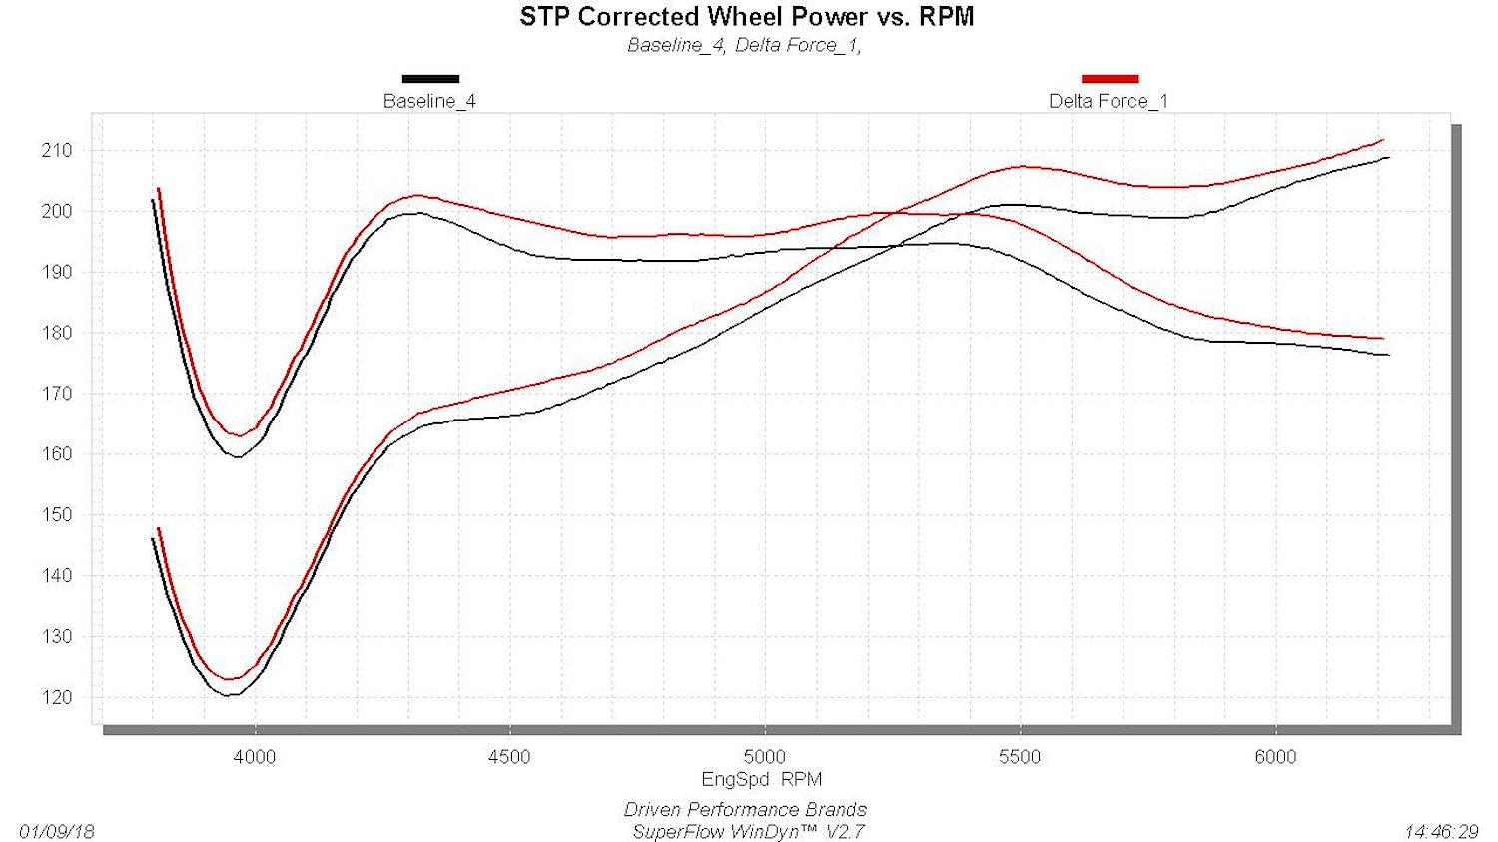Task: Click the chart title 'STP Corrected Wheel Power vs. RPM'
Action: [746, 17]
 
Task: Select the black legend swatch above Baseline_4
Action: [430, 79]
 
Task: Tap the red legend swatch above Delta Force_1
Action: [1111, 79]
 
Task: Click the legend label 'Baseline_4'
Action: [429, 101]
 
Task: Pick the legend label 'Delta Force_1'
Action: [1109, 101]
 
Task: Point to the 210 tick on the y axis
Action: [56, 151]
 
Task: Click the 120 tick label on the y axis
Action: [56, 697]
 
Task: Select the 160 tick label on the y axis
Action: [56, 454]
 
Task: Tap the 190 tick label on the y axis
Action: [56, 273]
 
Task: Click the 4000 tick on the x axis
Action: [255, 757]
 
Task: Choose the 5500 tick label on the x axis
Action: [1020, 757]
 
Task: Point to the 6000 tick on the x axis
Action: [1275, 757]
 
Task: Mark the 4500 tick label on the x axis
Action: [509, 757]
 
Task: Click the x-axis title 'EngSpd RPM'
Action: [762, 779]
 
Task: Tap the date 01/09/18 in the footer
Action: [57, 832]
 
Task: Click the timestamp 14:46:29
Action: [1441, 832]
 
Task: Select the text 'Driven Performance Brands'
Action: [745, 810]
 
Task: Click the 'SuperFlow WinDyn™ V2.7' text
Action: [748, 832]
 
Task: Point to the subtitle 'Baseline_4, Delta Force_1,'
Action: [744, 46]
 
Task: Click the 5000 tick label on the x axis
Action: [764, 757]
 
